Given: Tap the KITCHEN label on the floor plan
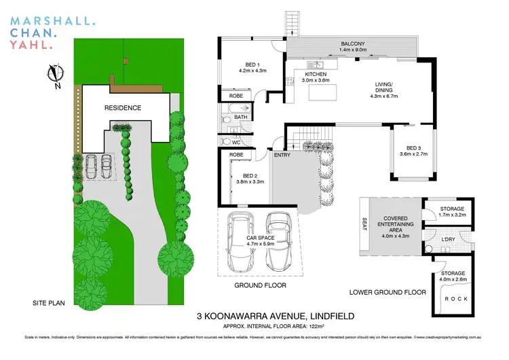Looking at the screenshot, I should [x=316, y=75].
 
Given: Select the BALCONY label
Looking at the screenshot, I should [x=354, y=43].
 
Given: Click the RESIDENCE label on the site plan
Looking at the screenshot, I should [x=123, y=108].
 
